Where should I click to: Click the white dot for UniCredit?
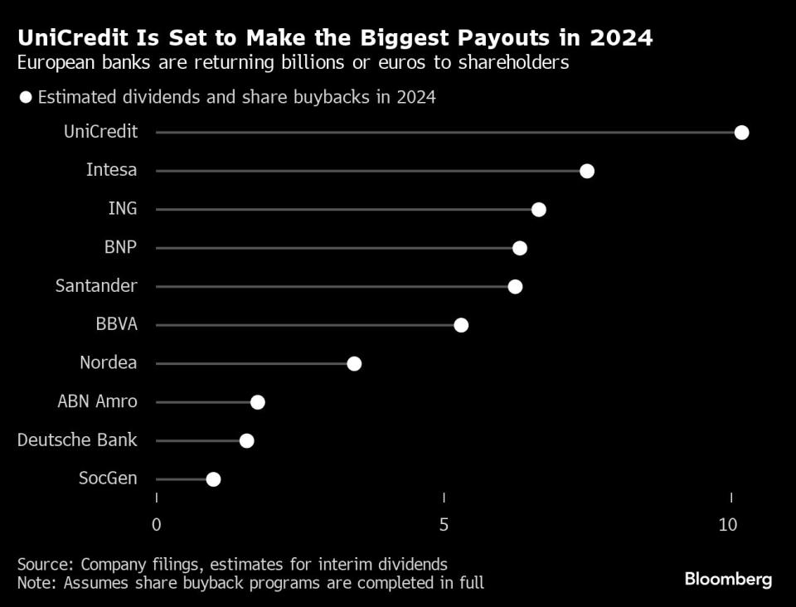pos(741,133)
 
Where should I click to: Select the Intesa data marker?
pos(587,171)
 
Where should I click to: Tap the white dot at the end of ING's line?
pos(539,209)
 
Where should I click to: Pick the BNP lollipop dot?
pos(520,248)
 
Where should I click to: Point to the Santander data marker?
pos(515,286)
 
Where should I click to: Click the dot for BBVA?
pos(461,324)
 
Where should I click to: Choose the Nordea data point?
pos(354,363)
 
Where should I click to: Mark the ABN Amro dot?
pos(257,402)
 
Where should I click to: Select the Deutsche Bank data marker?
pos(246,440)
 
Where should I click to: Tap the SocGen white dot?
pos(213,478)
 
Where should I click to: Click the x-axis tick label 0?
pos(156,524)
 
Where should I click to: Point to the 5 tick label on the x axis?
pos(444,524)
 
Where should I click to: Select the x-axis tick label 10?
pos(728,524)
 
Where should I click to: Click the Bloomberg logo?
pos(728,579)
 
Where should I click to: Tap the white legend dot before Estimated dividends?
pos(25,97)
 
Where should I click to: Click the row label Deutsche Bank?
pos(77,440)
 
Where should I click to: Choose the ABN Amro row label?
pos(97,402)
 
